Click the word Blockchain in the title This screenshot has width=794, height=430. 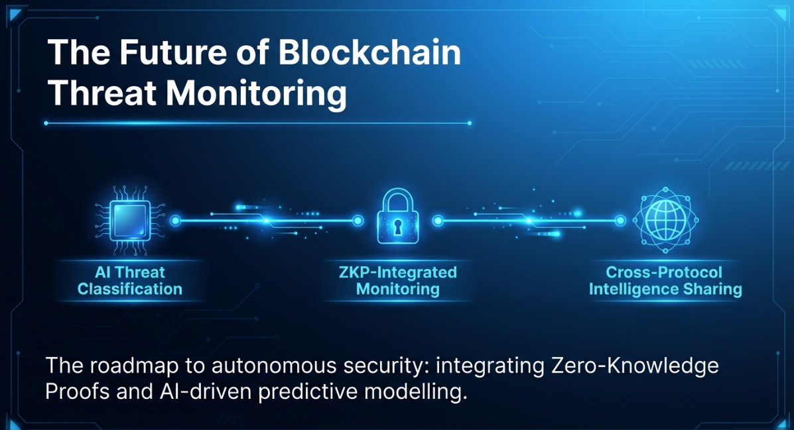[369, 53]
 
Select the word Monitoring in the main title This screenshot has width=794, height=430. [255, 93]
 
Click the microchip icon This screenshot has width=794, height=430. [130, 221]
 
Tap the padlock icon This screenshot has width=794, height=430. [397, 218]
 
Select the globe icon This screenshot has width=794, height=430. [664, 221]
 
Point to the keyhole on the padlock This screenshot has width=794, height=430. [397, 227]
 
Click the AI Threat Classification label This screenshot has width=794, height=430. [130, 280]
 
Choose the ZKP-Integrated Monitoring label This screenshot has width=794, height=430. [397, 280]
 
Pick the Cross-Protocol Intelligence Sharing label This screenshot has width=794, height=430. [665, 280]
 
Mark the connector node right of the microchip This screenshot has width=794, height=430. [175, 221]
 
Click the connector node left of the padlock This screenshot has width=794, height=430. [358, 221]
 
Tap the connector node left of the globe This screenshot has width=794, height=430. [621, 221]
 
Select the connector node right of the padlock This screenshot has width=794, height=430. [437, 221]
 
